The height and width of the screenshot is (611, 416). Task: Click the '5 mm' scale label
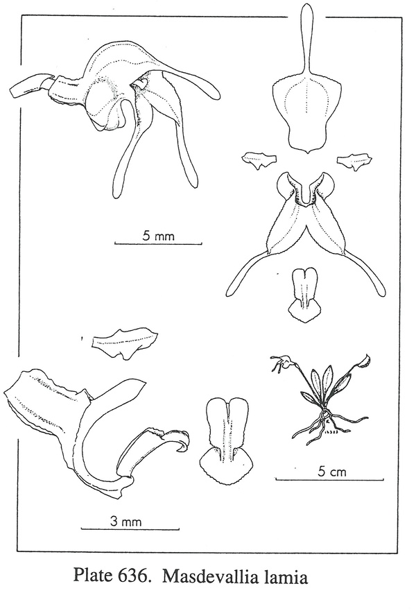point(159,235)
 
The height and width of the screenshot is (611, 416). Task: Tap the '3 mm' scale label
point(125,522)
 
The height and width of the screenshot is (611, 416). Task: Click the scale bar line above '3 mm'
point(130,529)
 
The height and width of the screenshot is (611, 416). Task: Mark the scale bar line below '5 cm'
point(330,479)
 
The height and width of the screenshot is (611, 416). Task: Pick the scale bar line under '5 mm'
point(158,244)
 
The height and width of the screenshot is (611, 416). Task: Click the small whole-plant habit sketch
point(320,399)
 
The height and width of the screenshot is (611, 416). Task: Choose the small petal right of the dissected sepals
point(354,162)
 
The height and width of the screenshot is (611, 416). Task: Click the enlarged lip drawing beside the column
point(226,441)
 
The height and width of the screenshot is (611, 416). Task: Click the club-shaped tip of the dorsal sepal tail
point(307,15)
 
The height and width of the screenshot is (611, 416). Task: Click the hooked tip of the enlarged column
point(184,445)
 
